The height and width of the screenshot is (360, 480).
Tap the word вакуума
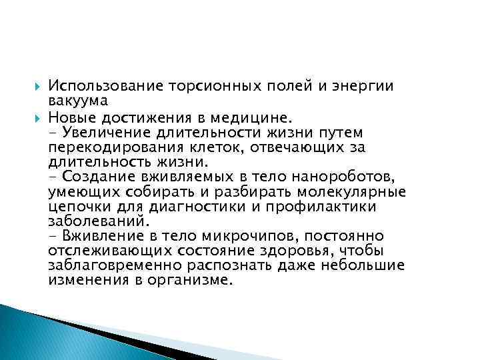pyautogui.click(x=74, y=101)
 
